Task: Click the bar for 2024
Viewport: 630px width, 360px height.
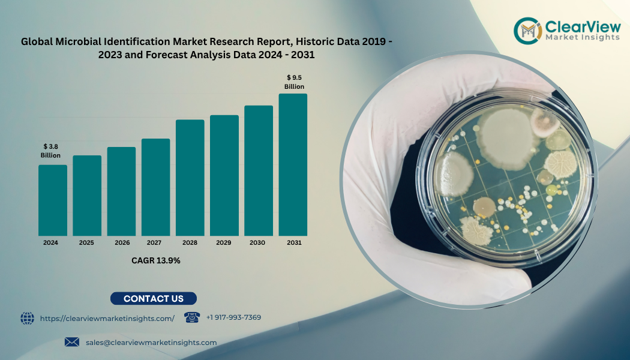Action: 53,200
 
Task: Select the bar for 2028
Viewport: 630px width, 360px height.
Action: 190,178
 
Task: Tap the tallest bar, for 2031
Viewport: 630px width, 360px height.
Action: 293,164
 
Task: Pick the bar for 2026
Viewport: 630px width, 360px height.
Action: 121,191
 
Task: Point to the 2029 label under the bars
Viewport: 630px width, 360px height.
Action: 224,243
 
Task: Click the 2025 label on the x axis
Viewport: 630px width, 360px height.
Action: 87,243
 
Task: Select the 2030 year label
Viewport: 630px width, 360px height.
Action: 259,243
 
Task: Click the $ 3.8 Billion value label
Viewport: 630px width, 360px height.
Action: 50,151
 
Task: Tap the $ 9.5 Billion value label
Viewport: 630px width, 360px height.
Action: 294,82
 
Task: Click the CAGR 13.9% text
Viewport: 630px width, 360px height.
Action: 156,260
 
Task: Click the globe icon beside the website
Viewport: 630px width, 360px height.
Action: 28,318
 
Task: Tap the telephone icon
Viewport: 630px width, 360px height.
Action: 191,317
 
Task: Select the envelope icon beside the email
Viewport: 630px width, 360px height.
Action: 72,342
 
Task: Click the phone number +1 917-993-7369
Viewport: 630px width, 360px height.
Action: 233,317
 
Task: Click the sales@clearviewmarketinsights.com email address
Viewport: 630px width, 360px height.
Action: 151,342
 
